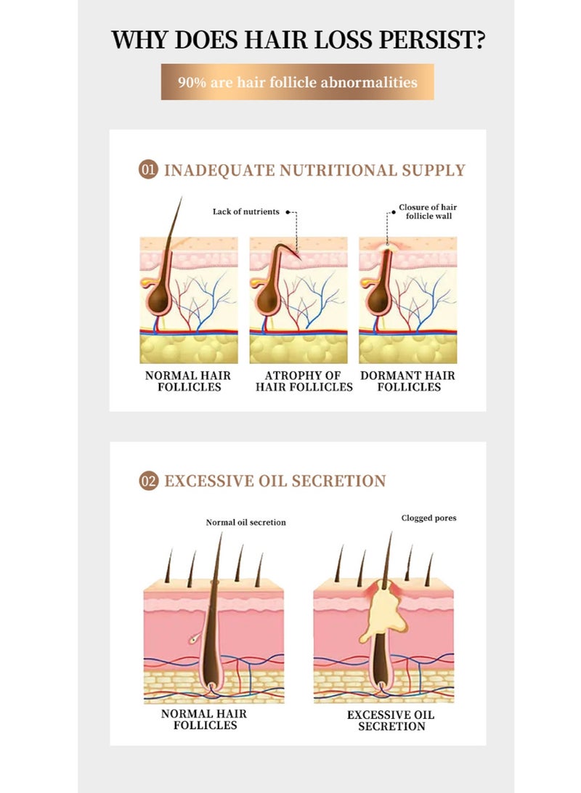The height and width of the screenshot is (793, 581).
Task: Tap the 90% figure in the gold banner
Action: pos(192,82)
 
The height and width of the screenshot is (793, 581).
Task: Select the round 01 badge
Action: pos(148,169)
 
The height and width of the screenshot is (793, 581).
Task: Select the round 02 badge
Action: pos(149,481)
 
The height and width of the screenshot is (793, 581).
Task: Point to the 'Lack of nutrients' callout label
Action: pos(245,211)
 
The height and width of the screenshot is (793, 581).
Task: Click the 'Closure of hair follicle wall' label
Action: pos(428,211)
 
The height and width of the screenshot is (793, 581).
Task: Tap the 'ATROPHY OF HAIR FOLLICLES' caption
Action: pos(304,381)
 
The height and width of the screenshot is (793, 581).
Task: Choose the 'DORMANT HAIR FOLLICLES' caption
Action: pos(407,381)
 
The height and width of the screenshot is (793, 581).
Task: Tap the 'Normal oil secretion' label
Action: pos(245,522)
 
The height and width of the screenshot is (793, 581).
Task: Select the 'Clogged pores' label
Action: pos(428,518)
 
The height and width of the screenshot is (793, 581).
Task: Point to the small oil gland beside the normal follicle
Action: pos(195,639)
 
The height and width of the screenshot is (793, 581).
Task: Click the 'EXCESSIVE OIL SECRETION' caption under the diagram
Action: pos(391,720)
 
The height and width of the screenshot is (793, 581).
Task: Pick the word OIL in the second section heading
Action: pos(272,481)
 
